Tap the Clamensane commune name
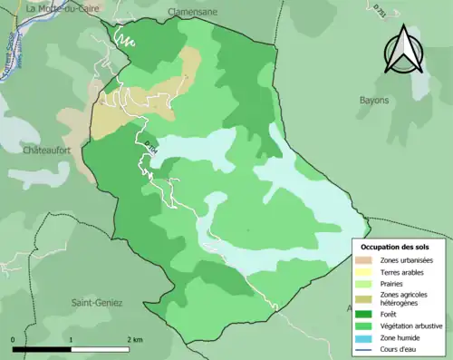[193, 11]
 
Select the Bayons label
[373, 100]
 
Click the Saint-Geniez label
[97, 303]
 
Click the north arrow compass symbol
[403, 50]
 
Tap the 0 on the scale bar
[14, 339]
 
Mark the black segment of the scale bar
[42, 348]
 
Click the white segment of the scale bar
[101, 348]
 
